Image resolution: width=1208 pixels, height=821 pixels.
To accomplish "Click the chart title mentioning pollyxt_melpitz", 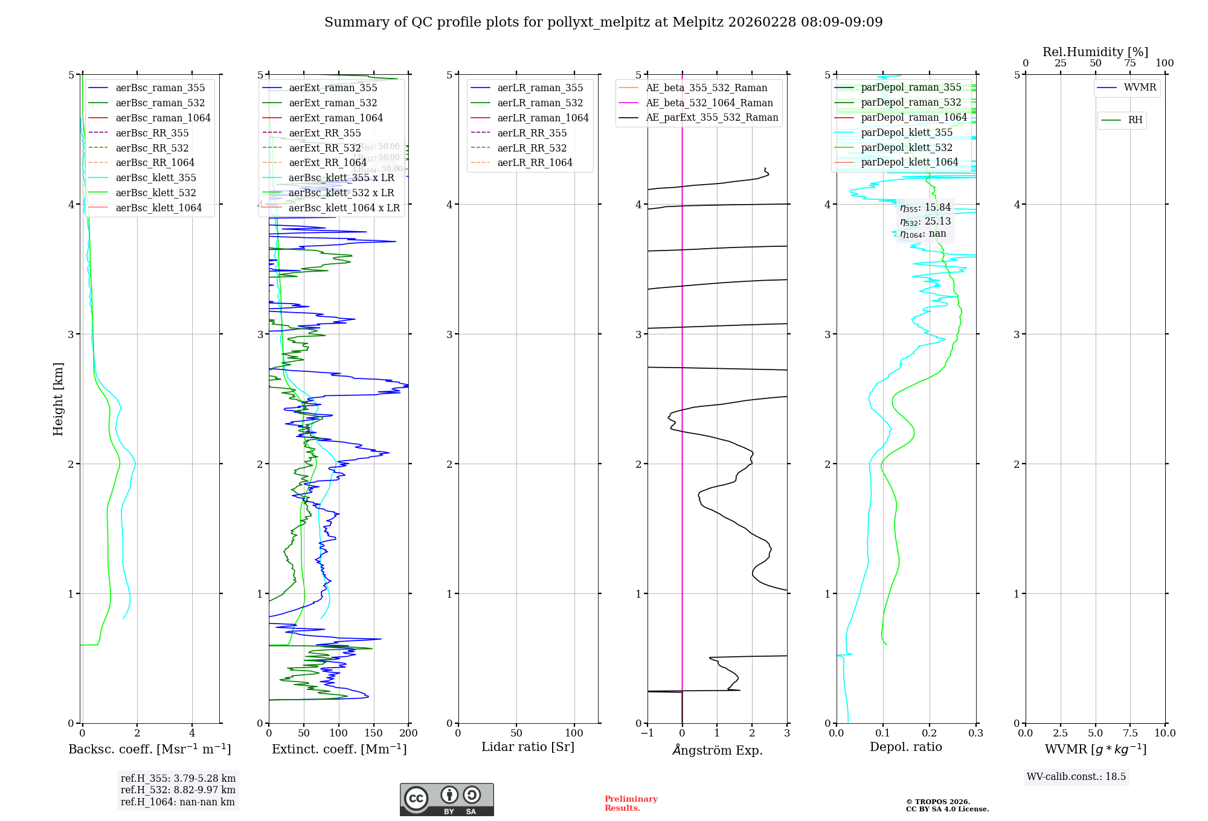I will click(603, 22).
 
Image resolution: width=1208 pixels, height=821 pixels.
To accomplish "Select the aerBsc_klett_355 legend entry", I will click(155, 178).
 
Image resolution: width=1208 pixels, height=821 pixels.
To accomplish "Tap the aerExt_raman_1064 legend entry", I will click(335, 118).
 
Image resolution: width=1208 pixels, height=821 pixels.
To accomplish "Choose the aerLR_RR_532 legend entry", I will click(532, 149).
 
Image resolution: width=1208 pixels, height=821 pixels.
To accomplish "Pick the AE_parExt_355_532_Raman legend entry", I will click(712, 118).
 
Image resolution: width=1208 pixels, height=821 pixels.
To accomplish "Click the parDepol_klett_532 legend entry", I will click(906, 148).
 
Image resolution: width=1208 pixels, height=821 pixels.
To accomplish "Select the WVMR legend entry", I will click(1139, 88).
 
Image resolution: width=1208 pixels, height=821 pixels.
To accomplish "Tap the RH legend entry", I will click(1135, 120).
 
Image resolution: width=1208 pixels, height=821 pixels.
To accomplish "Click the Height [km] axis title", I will click(58, 399).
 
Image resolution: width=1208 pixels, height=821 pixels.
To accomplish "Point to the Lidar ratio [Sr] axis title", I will click(528, 747).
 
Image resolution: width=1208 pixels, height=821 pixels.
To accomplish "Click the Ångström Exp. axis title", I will click(718, 750).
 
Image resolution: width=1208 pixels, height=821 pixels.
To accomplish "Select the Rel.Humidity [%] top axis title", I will click(1095, 52).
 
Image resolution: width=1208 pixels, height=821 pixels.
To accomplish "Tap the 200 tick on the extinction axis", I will click(409, 733).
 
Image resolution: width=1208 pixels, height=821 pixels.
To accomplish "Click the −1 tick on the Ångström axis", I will click(647, 733).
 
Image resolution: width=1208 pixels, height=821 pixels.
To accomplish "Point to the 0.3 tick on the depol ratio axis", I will click(976, 733).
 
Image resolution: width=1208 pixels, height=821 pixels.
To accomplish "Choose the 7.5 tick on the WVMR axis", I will click(1131, 733).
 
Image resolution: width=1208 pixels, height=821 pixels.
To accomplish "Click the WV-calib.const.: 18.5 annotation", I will click(1076, 777).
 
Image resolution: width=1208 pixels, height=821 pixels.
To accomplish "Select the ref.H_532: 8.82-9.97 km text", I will click(178, 790).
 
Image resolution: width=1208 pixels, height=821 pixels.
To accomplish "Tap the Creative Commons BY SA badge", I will click(446, 799).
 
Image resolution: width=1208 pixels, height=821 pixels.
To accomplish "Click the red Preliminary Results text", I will click(631, 803).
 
